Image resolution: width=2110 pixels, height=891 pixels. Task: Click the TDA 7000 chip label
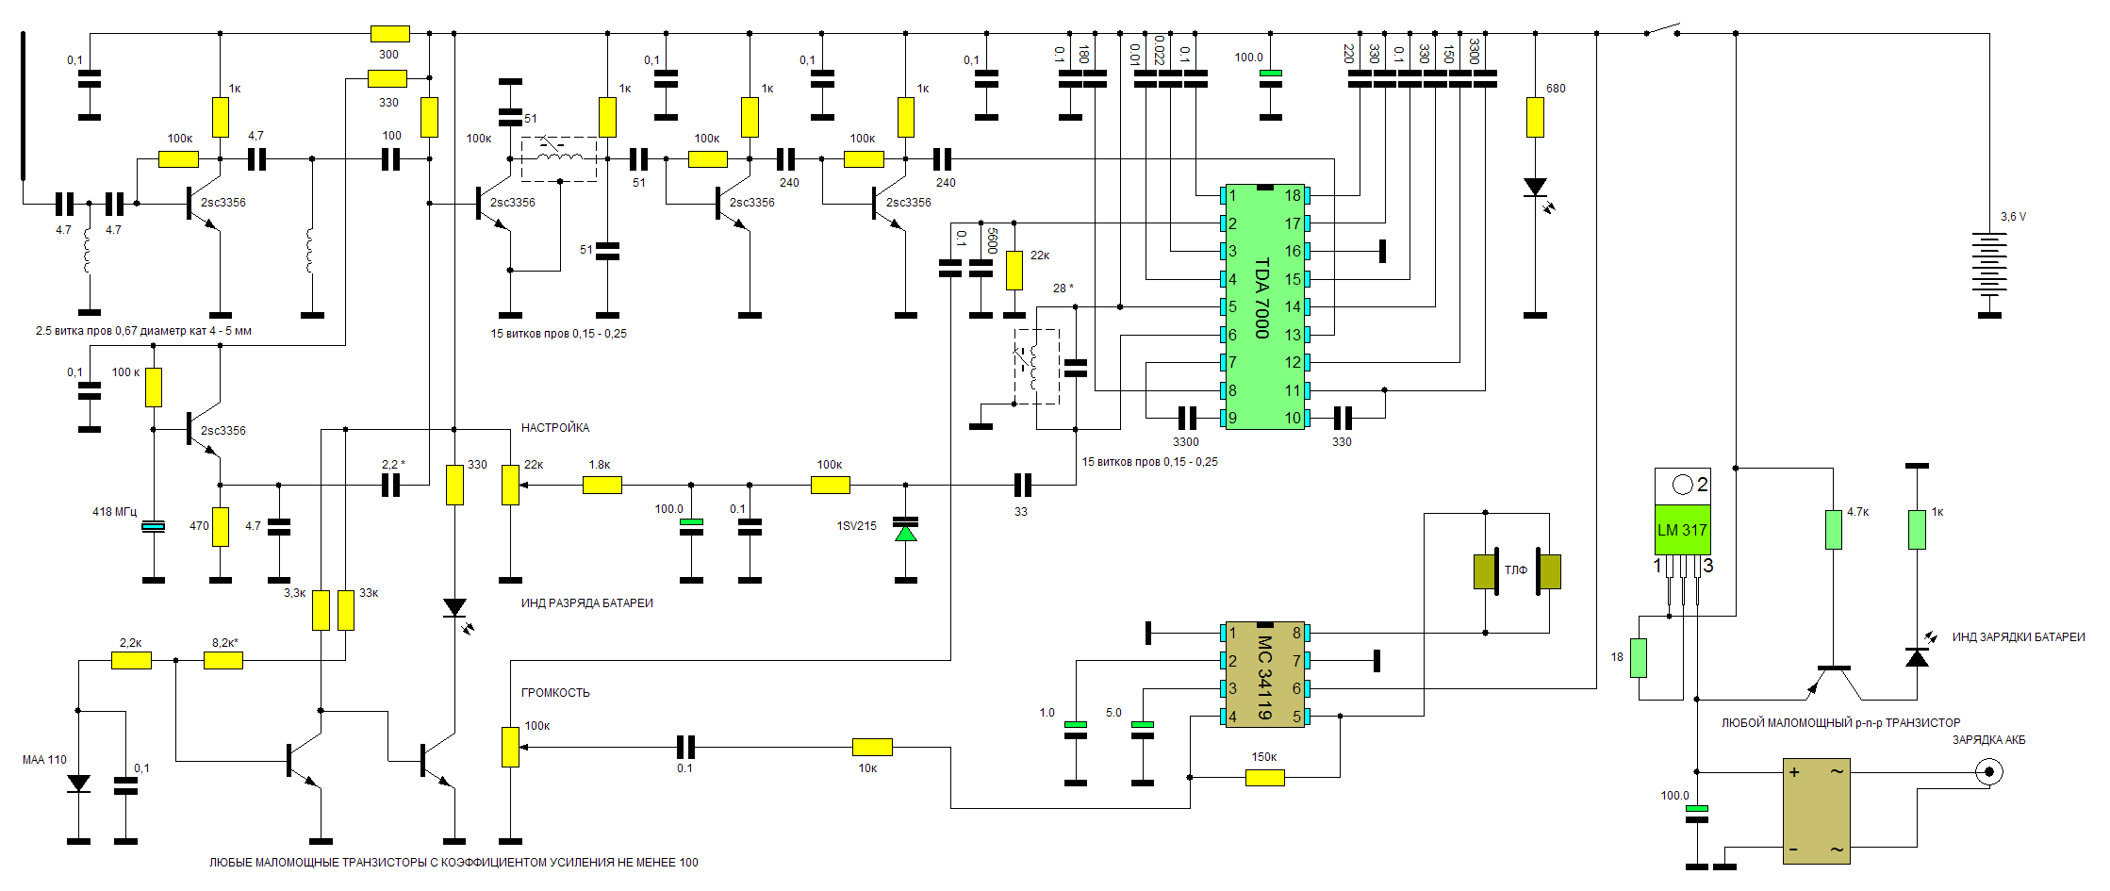[x=1262, y=298]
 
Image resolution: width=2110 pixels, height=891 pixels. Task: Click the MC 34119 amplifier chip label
[x=1264, y=677]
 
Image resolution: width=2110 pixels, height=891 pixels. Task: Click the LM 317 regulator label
[x=1682, y=530]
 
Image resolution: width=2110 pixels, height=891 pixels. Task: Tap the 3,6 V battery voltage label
[x=2013, y=217]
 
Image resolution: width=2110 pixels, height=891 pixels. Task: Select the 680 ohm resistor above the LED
[x=1535, y=117]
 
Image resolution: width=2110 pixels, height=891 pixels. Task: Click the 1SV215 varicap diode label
[x=856, y=526]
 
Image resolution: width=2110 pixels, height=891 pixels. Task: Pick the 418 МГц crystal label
[x=114, y=512]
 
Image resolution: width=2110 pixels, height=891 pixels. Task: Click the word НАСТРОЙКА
[x=555, y=428]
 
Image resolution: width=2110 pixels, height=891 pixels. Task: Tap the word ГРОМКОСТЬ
[x=555, y=693]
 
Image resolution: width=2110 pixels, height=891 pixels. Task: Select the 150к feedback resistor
[x=1264, y=778]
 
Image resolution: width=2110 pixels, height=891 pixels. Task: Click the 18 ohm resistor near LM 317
[x=1639, y=658]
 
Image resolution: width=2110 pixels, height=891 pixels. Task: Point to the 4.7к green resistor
[x=1833, y=530]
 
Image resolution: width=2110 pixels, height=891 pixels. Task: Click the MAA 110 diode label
[x=44, y=760]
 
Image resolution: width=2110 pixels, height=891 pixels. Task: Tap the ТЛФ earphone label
[x=1516, y=570]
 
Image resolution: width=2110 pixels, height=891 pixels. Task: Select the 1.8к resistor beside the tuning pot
[x=602, y=486]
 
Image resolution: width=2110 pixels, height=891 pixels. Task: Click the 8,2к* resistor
[x=223, y=661]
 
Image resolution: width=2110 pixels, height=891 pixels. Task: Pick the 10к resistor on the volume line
[x=872, y=748]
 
